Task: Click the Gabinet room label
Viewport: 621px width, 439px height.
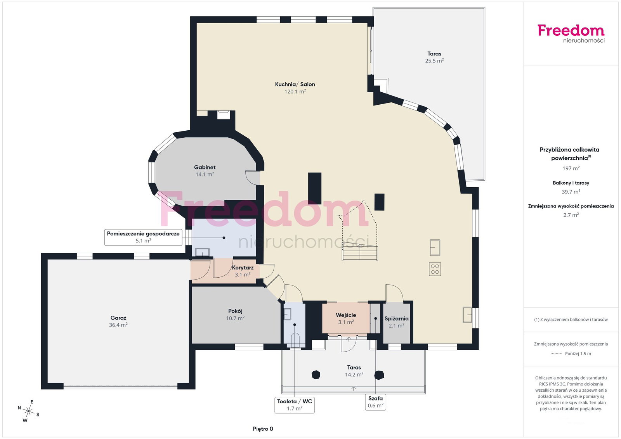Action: tap(205, 167)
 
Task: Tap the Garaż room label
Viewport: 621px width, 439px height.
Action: tap(118, 318)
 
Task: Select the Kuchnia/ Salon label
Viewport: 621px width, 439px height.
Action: tap(295, 84)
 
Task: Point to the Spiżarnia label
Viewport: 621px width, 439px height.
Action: tap(396, 319)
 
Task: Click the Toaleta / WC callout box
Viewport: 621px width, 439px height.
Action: tap(295, 405)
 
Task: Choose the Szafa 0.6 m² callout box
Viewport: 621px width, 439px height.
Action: tap(375, 402)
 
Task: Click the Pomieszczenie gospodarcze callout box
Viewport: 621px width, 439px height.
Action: tap(143, 237)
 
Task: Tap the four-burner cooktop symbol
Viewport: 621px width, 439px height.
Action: tap(435, 269)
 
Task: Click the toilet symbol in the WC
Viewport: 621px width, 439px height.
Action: tap(295, 340)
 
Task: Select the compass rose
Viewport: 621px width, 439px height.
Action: tap(29, 411)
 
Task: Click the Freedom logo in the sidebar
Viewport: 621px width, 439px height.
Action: tap(571, 34)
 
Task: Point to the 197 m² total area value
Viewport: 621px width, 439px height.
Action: tap(571, 168)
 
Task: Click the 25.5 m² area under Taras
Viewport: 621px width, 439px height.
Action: tap(434, 60)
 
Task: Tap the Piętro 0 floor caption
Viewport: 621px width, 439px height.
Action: tap(263, 429)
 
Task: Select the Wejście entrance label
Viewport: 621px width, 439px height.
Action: tap(346, 315)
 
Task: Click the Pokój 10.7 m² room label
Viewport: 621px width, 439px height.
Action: tap(235, 315)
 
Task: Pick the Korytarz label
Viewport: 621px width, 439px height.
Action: tap(243, 268)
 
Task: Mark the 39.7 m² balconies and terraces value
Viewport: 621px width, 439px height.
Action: tap(571, 192)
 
